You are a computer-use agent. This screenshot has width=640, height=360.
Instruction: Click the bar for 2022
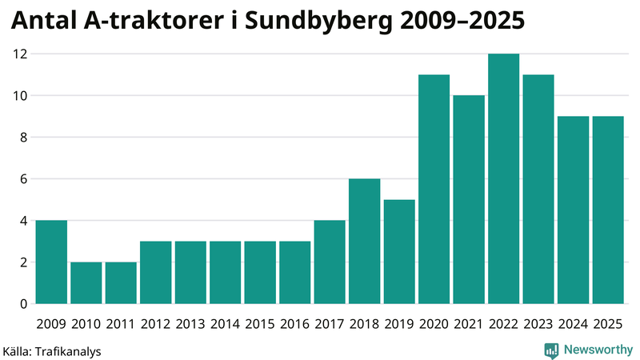[x=503, y=179]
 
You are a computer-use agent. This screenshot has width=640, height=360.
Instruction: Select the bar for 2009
[x=51, y=262]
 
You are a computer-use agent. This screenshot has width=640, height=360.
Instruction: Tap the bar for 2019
[x=399, y=252]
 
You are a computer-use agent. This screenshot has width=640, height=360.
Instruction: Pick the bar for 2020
[x=434, y=190]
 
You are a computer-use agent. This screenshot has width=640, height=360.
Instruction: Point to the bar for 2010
[x=86, y=283]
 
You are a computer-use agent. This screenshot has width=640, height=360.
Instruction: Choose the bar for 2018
[x=364, y=242]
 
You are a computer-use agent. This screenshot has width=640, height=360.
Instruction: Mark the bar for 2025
[x=608, y=210]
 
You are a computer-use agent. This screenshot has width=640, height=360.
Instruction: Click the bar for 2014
[x=225, y=273]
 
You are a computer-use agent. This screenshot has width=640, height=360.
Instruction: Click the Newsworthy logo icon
[x=552, y=350]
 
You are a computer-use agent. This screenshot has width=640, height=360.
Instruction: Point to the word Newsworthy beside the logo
[x=597, y=350]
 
